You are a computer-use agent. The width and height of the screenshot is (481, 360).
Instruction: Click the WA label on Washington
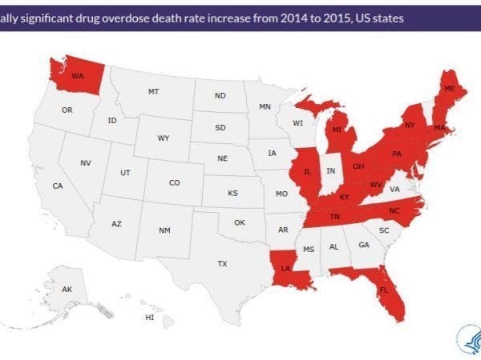point(78,77)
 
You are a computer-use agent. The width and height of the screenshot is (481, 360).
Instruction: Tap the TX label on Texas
point(222,263)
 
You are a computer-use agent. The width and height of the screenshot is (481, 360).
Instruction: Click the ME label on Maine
point(450,88)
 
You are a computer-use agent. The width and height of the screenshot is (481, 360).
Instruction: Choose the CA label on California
point(58,186)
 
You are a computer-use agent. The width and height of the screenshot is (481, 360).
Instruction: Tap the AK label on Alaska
point(67,288)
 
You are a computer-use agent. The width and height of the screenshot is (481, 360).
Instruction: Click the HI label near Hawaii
point(149,317)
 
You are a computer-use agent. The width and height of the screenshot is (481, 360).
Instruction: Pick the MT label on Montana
point(153,92)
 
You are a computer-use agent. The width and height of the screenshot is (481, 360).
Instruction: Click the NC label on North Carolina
point(394,210)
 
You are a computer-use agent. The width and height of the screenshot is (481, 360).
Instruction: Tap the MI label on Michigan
point(338,128)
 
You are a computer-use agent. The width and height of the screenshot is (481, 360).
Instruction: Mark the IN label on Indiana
point(331,170)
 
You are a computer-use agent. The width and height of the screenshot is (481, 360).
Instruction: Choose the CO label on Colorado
point(174,182)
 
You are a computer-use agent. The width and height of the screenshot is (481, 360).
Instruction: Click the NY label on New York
point(410,125)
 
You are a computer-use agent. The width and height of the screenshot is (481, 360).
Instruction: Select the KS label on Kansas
point(232,194)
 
